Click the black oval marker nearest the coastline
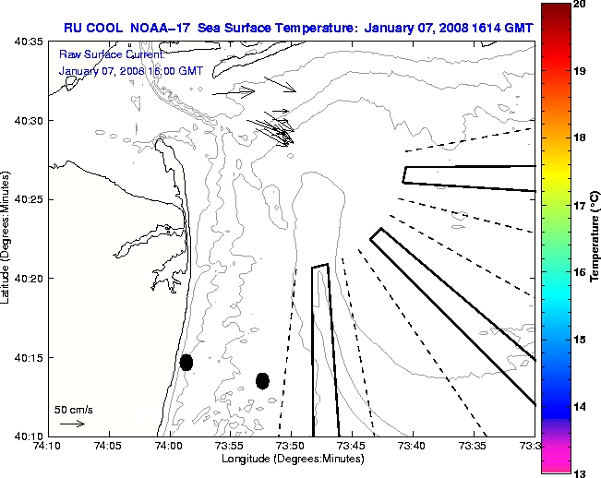186,362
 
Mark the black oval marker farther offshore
262,380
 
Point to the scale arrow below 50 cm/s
73,424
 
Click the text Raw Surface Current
100,54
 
